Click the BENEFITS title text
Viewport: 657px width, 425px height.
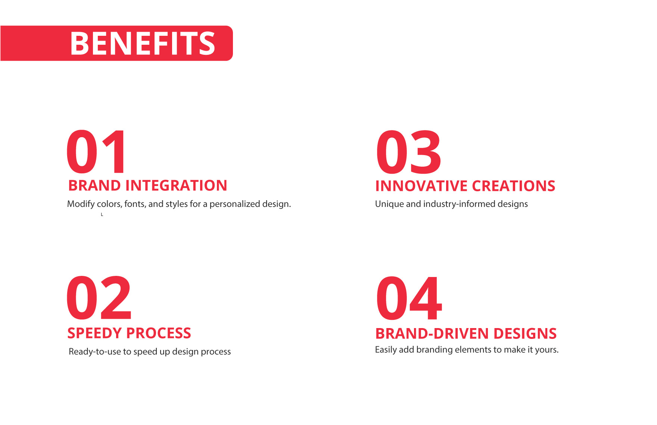143,43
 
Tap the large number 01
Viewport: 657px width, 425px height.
96,152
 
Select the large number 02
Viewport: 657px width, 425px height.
99,298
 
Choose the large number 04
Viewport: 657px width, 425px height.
409,298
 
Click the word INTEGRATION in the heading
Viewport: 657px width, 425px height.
176,186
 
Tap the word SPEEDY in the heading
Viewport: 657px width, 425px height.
96,333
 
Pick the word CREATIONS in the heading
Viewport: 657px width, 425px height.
514,186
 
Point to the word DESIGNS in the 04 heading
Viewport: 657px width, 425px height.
525,334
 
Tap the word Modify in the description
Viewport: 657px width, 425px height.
81,204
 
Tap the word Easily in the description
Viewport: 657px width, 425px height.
386,350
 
